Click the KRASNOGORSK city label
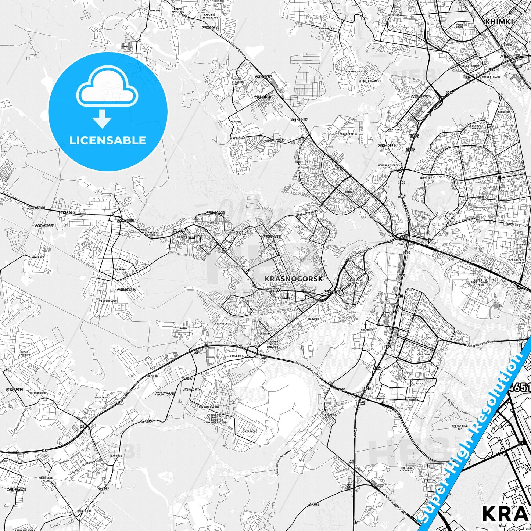click(294, 279)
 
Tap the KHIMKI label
click(499, 22)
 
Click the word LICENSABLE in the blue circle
click(108, 140)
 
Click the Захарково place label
click(250, 431)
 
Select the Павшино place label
click(314, 319)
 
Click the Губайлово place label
click(237, 266)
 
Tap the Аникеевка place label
click(37, 258)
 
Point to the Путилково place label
click(397, 130)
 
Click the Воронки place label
click(153, 376)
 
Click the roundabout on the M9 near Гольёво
click(252, 351)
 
